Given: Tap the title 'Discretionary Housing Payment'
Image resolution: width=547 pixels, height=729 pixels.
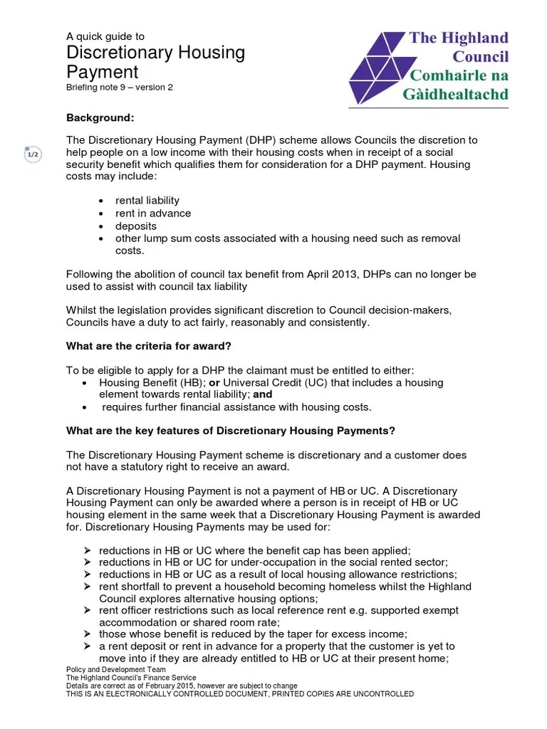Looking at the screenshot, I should pos(155,62).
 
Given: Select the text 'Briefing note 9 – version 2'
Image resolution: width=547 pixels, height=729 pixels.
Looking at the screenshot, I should pos(119,88).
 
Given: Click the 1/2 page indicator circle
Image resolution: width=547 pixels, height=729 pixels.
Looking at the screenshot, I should pos(33,154).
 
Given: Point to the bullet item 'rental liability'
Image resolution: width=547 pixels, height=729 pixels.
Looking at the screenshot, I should pos(147,200).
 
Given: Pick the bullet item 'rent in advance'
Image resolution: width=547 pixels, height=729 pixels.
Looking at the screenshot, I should pos(153,213).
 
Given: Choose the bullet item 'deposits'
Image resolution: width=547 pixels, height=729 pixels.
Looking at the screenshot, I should pos(135,226).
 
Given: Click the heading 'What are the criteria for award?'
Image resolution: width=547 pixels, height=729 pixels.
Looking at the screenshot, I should pos(149,347).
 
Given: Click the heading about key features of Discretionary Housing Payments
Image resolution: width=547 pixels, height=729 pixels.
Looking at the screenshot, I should pos(230,431).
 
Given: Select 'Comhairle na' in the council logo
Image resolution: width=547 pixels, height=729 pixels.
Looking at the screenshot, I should pos(458,75).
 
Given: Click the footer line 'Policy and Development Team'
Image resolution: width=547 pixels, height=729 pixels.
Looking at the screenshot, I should pos(115,670).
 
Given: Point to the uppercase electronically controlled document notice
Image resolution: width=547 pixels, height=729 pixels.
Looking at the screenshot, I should pos(239,693).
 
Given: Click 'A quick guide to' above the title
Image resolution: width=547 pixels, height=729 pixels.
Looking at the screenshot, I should pos(105,36).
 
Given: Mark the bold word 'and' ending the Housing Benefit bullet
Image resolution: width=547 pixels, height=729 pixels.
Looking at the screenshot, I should pos(263,394).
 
